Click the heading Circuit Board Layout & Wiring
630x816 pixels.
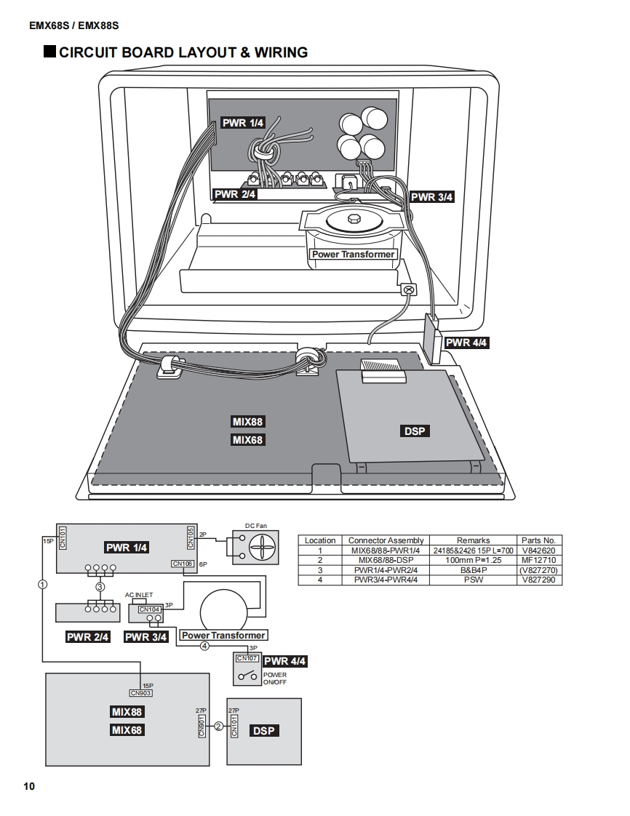(x=183, y=52)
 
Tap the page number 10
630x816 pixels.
(x=28, y=786)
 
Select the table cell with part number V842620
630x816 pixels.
(x=538, y=551)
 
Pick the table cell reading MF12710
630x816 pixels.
(x=538, y=561)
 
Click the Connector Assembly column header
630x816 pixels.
(x=386, y=540)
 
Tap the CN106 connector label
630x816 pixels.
(x=182, y=564)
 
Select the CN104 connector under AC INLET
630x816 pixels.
(x=149, y=609)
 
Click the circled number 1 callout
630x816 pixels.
(x=43, y=584)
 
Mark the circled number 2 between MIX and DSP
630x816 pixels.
(x=218, y=726)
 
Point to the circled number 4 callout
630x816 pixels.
(x=204, y=645)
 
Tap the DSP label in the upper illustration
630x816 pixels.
(x=415, y=431)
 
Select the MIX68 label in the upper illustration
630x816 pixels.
(x=247, y=440)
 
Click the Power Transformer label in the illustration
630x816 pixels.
(x=353, y=255)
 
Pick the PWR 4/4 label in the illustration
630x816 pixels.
(x=466, y=343)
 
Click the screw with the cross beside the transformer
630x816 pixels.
(x=409, y=289)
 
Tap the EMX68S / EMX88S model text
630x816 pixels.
(x=73, y=25)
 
